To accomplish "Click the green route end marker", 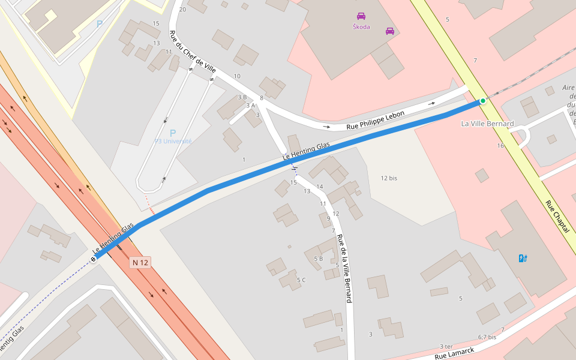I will [482, 101].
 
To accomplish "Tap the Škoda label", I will [361, 27].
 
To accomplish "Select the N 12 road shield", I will [140, 262].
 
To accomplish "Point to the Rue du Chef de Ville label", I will [193, 52].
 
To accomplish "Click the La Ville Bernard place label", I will [487, 124].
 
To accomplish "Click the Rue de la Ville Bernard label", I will [344, 268].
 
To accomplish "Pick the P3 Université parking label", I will [173, 141].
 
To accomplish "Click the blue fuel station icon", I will [523, 259].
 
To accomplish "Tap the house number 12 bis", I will [389, 178].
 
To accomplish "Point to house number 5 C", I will [301, 280].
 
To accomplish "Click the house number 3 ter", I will [446, 346].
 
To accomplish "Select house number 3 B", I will [242, 97].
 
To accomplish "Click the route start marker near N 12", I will [93, 259].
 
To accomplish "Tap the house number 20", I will [182, 10].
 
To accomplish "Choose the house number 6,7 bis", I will [487, 337].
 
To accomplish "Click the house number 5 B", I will [318, 259].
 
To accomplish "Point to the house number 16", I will [500, 146].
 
